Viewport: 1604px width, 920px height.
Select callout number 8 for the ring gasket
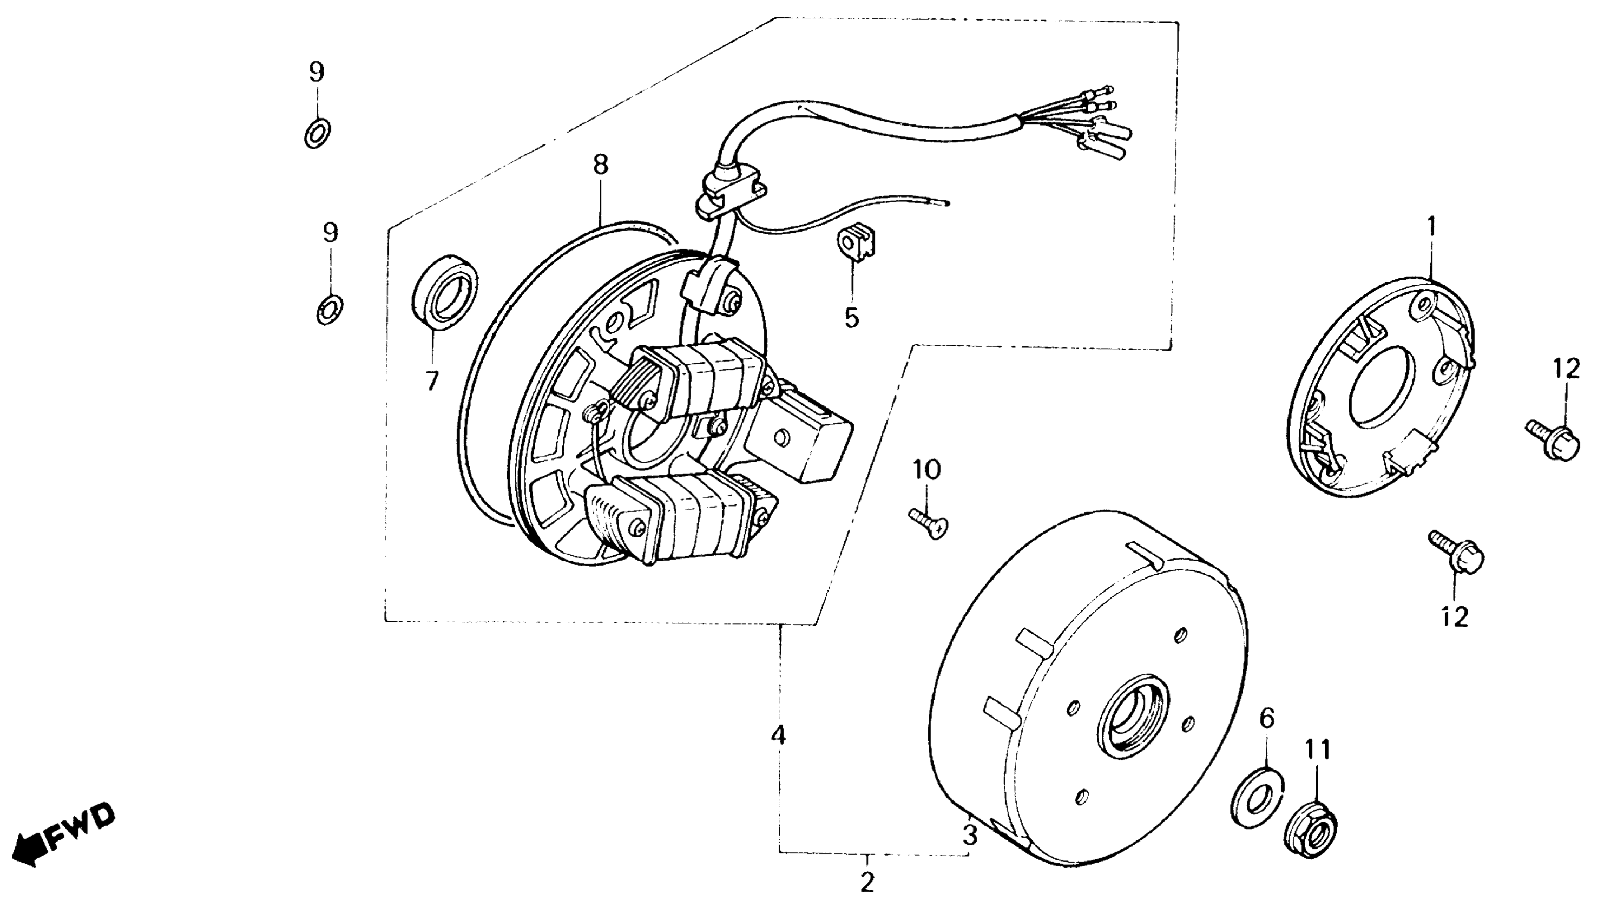pyautogui.click(x=600, y=165)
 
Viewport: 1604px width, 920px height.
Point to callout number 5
pyautogui.click(x=852, y=318)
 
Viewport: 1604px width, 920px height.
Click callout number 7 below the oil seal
pyautogui.click(x=431, y=380)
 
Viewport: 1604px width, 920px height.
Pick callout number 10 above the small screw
pyautogui.click(x=926, y=470)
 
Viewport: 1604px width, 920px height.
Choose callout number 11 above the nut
pyautogui.click(x=1318, y=750)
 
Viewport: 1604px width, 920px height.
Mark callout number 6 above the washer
pyautogui.click(x=1267, y=719)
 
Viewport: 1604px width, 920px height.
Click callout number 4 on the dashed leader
pyautogui.click(x=778, y=735)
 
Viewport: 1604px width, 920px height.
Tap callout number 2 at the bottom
pyautogui.click(x=867, y=882)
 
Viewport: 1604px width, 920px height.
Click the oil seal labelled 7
pyautogui.click(x=445, y=292)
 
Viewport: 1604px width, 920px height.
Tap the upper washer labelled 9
pyautogui.click(x=317, y=132)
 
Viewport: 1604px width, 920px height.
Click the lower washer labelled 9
pyautogui.click(x=329, y=310)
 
